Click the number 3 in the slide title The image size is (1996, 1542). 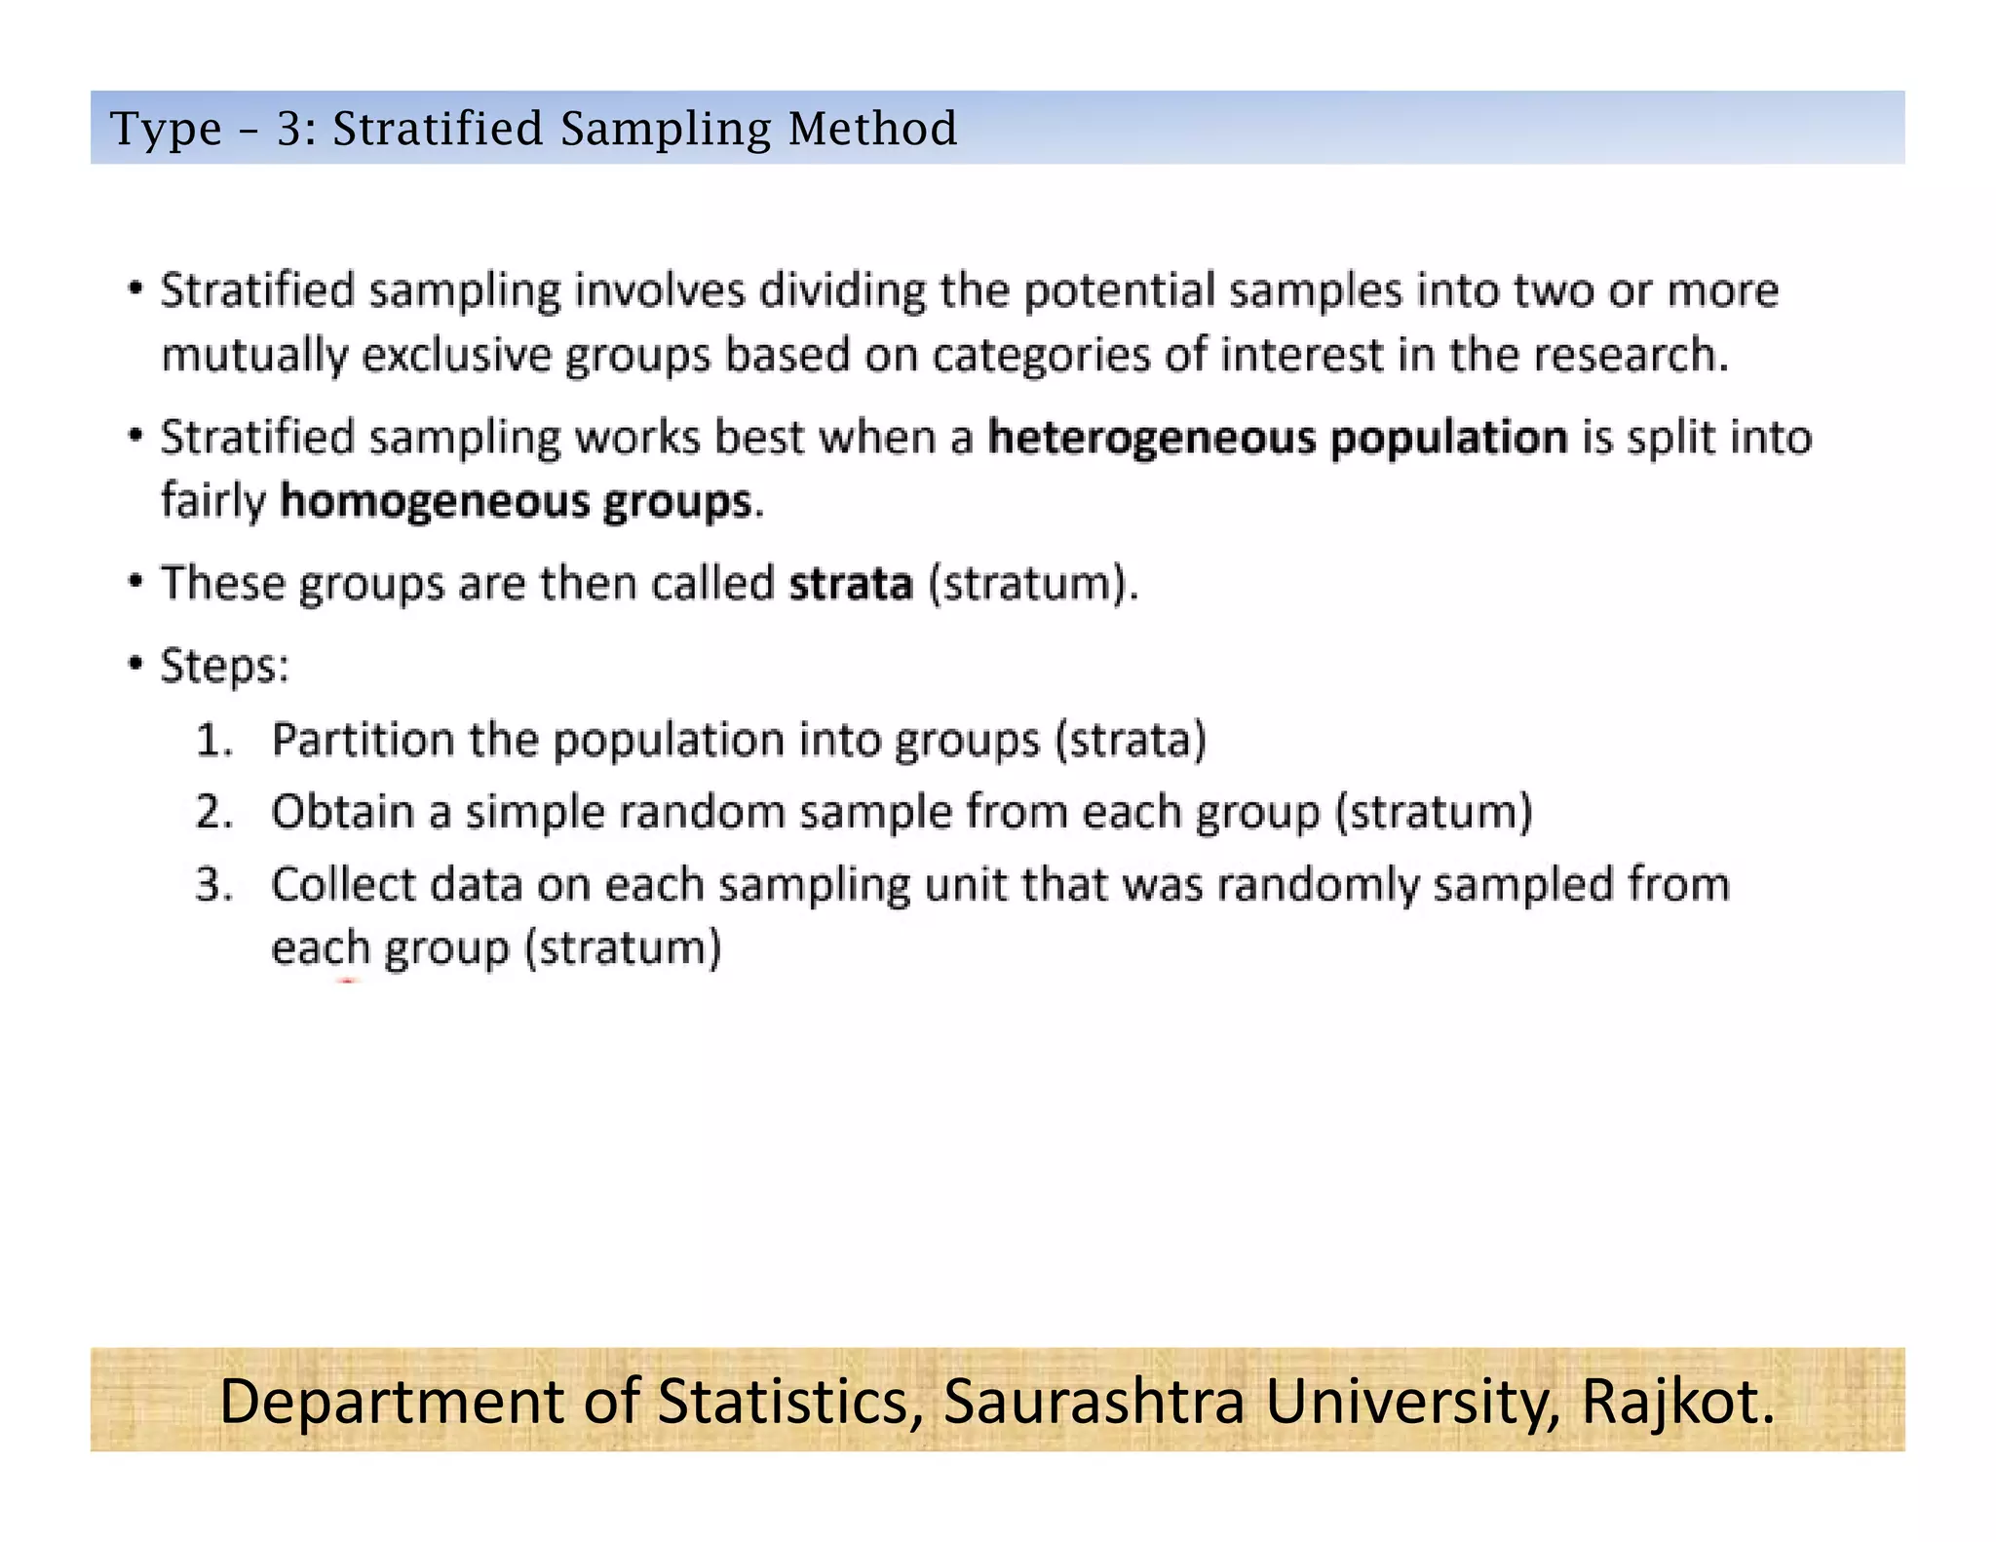click(289, 129)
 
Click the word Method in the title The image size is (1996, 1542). click(872, 129)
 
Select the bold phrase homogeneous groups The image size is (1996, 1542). click(517, 502)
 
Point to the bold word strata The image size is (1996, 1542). click(851, 584)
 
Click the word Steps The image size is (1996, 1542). click(223, 667)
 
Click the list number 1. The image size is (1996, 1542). click(213, 741)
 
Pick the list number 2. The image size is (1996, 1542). click(213, 813)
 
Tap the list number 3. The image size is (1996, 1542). click(213, 885)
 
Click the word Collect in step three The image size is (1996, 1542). click(343, 885)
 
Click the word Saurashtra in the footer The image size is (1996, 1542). click(1094, 1402)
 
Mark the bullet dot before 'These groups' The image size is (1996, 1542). click(135, 582)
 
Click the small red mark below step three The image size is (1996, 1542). click(347, 982)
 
